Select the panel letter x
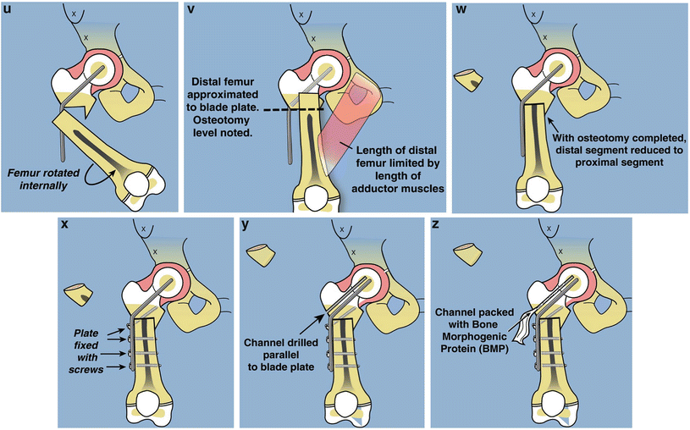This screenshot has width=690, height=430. (64, 225)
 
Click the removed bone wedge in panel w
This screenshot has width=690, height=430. (468, 80)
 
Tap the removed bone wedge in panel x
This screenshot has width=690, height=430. (78, 294)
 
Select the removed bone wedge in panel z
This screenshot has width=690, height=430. (469, 251)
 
